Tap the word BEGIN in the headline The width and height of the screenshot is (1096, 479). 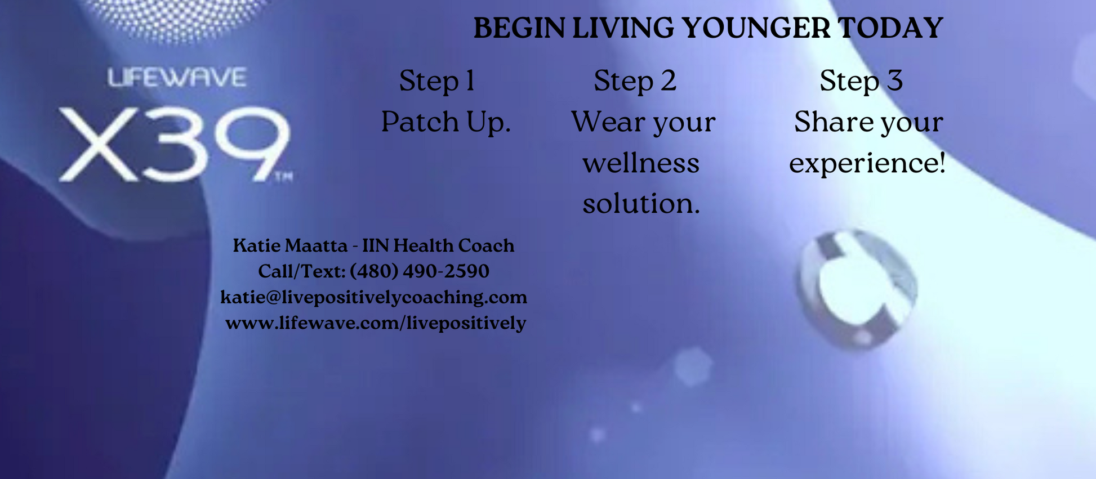click(519, 28)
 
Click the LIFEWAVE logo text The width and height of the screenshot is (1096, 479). click(177, 77)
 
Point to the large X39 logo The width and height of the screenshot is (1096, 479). click(175, 144)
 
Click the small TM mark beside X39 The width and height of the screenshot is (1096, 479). click(283, 178)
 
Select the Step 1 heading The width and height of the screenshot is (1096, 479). click(437, 80)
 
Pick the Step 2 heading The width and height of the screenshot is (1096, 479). click(635, 80)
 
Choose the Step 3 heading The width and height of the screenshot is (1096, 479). click(861, 80)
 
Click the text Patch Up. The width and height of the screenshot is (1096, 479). click(446, 122)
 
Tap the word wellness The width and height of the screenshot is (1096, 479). click(641, 163)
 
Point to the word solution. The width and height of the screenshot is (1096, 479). click(641, 204)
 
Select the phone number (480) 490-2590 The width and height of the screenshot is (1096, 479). click(420, 271)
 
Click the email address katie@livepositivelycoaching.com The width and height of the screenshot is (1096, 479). click(374, 297)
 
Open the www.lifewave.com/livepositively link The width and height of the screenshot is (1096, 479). click(376, 323)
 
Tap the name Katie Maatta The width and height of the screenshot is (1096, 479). click(291, 245)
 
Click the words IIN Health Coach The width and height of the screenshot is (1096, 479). click(438, 245)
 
